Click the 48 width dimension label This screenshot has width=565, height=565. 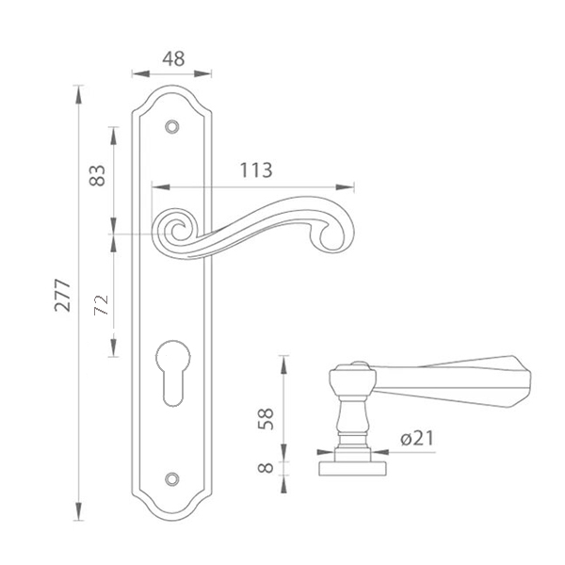click(x=173, y=59)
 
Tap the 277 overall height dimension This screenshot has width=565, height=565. click(x=62, y=295)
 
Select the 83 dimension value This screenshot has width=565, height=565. click(x=97, y=175)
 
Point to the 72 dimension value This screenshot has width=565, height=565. click(x=102, y=305)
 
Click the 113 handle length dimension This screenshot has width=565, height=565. click(x=256, y=170)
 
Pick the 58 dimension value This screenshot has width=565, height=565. click(x=266, y=419)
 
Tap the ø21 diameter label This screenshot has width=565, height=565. click(x=417, y=438)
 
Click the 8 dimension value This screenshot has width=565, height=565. click(x=266, y=468)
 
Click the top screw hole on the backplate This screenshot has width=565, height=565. click(x=172, y=127)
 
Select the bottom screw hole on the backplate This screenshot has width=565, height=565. click(x=172, y=478)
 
